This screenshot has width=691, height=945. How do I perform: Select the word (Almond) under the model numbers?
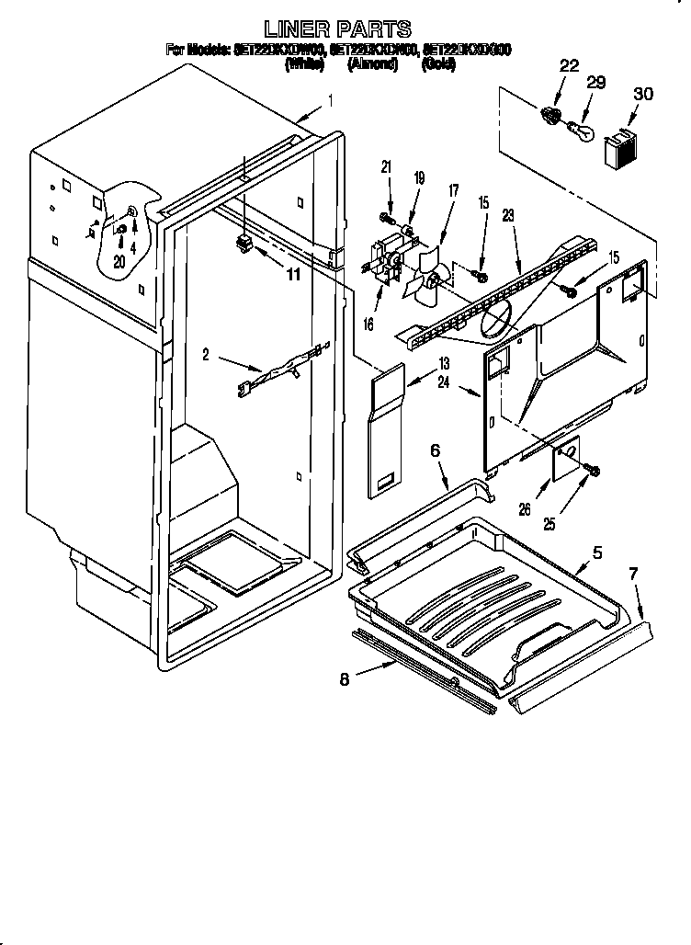[373, 64]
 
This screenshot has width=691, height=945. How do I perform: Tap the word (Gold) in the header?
[437, 64]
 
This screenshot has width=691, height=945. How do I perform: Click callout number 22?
[570, 65]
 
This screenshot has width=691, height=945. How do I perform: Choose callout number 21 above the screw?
[386, 167]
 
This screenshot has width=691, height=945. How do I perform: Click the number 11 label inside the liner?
[293, 273]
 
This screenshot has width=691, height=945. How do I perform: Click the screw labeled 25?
[592, 472]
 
